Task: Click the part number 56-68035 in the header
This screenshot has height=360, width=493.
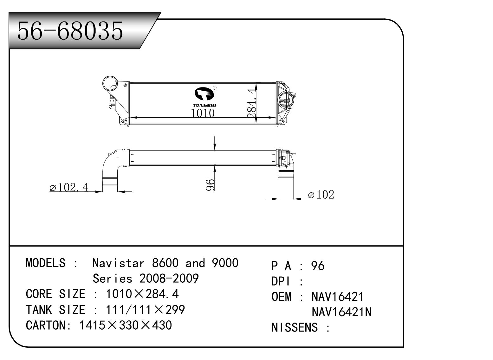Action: click(x=70, y=31)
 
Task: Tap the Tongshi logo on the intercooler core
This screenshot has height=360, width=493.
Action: click(x=204, y=97)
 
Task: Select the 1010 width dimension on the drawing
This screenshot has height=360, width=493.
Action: click(x=203, y=113)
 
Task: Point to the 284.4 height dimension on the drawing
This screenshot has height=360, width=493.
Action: click(x=252, y=104)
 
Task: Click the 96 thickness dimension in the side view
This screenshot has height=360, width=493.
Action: click(x=210, y=185)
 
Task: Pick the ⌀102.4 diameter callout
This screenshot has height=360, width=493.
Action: click(x=69, y=188)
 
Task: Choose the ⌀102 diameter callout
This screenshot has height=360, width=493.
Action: click(x=321, y=195)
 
